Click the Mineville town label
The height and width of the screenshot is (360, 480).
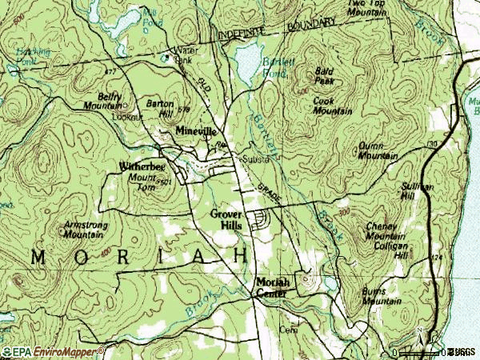[x=196, y=130]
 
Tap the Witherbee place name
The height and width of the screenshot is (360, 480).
[x=142, y=166]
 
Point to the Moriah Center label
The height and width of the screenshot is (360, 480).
[x=273, y=287]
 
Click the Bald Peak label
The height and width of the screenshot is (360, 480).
[x=324, y=76]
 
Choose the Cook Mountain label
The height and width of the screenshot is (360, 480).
[x=333, y=106]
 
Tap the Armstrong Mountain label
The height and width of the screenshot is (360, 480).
[x=87, y=230]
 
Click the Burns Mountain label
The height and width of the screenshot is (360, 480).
[x=381, y=298]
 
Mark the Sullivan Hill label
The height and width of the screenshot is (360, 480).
[x=417, y=190]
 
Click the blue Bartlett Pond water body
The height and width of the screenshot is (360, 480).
[x=249, y=56]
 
